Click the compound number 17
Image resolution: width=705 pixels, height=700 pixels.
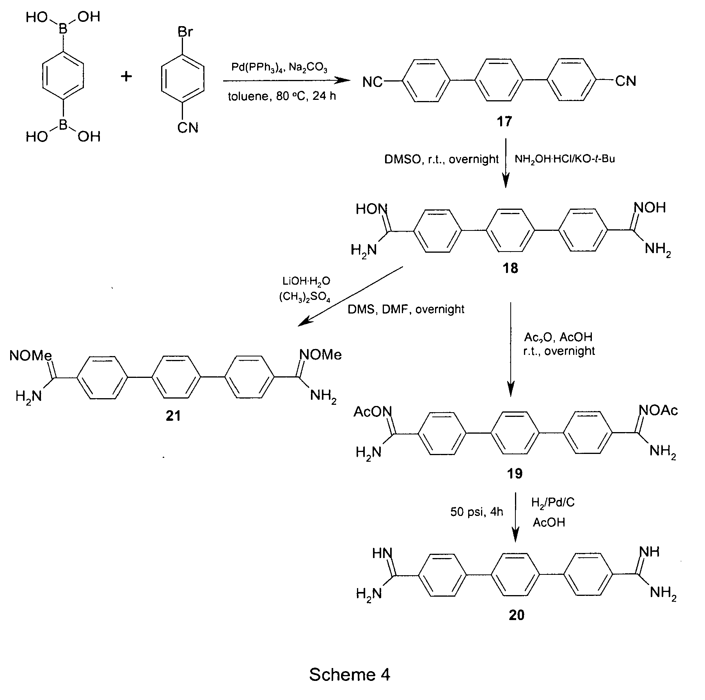click(504, 122)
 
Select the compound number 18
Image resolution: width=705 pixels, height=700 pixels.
click(510, 268)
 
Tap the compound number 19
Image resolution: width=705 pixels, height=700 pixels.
click(515, 473)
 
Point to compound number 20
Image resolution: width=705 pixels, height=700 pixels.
click(517, 615)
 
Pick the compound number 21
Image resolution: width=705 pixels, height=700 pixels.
click(173, 416)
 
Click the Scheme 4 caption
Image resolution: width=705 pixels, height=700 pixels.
click(350, 674)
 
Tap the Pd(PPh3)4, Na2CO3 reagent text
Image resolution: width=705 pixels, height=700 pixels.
click(279, 68)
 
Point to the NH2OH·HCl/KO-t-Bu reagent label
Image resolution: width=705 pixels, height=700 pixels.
click(565, 159)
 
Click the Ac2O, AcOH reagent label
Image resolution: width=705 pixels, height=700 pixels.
click(558, 337)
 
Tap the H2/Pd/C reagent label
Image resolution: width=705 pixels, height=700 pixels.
click(553, 503)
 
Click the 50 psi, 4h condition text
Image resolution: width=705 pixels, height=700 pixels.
click(477, 512)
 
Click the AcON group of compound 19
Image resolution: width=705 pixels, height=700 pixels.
click(373, 412)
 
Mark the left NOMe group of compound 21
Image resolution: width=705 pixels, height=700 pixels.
click(31, 356)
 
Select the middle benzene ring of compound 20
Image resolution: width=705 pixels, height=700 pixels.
click(515, 575)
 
